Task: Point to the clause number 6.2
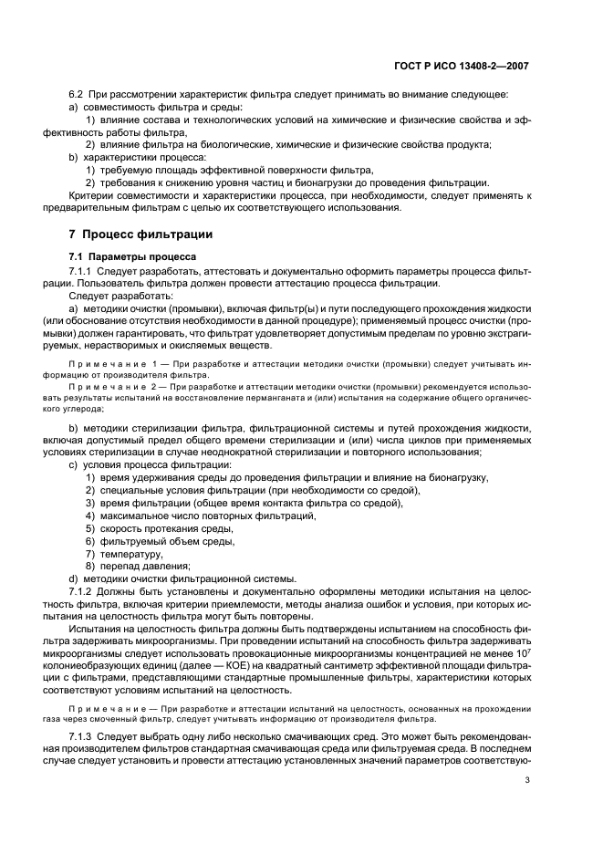pos(78,96)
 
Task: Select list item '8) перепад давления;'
pos(138,566)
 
